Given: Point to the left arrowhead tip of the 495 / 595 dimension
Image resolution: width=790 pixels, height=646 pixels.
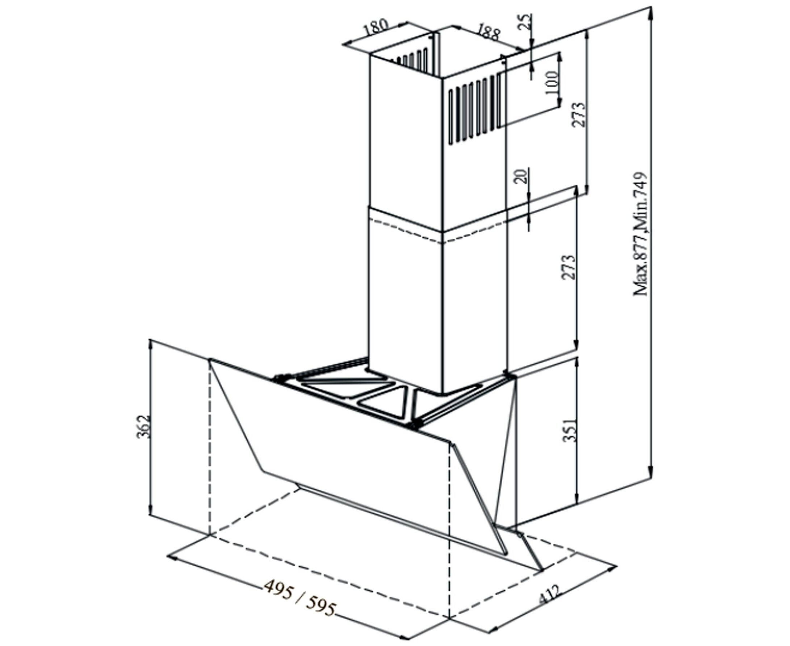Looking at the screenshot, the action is [168, 557].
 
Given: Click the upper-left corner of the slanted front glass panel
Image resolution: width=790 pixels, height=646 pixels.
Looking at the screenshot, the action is [210, 359].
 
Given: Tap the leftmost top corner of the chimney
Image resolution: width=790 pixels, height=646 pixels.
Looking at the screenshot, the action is [370, 56].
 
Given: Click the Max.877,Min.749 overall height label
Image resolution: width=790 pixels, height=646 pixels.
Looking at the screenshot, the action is [641, 234].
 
